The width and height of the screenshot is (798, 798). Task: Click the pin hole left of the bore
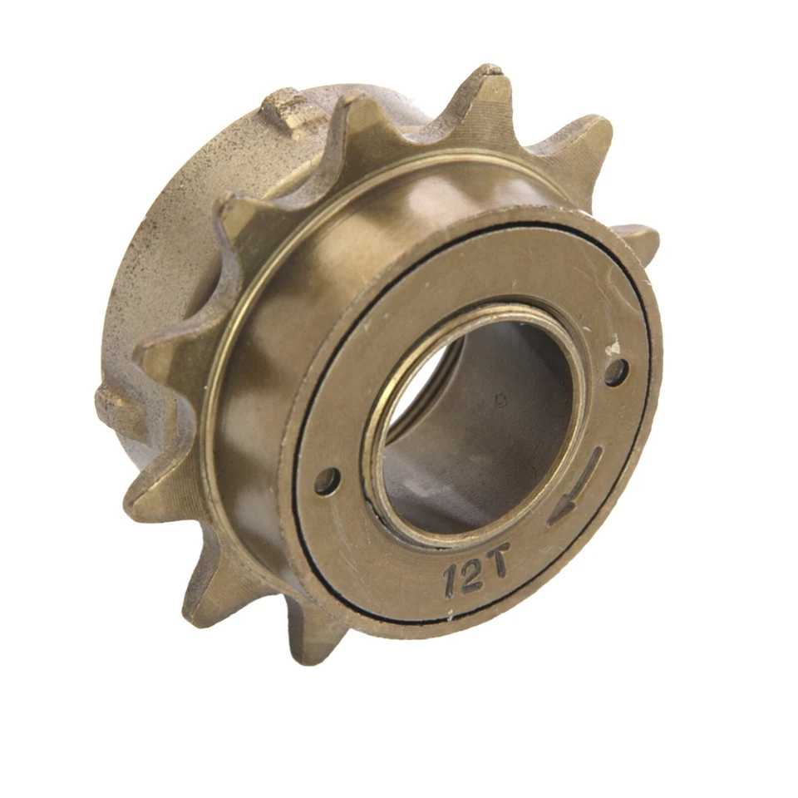(x=327, y=480)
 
